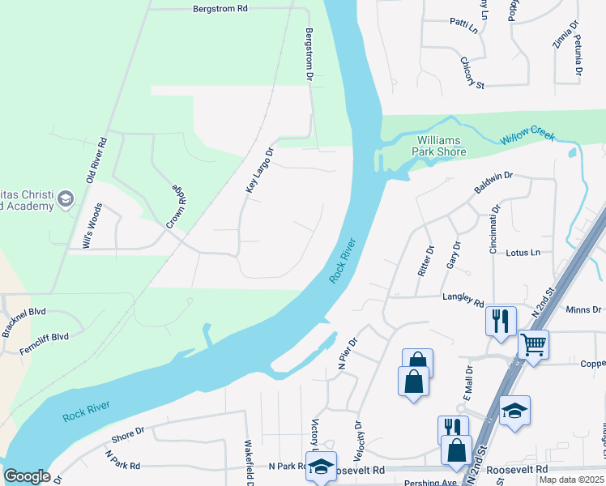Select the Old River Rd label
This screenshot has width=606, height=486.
click(x=101, y=157)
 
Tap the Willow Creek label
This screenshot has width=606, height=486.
click(x=527, y=137)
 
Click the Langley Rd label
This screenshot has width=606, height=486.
click(x=463, y=298)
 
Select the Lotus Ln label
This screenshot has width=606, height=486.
click(x=523, y=253)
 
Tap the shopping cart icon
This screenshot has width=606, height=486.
click(x=533, y=345)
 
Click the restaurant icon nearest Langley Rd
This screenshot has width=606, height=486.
click(x=500, y=320)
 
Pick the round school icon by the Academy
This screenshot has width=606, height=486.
click(x=66, y=198)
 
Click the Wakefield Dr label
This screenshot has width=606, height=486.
click(x=250, y=463)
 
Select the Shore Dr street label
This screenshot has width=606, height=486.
click(x=127, y=436)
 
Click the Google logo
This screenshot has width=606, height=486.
click(x=27, y=476)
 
